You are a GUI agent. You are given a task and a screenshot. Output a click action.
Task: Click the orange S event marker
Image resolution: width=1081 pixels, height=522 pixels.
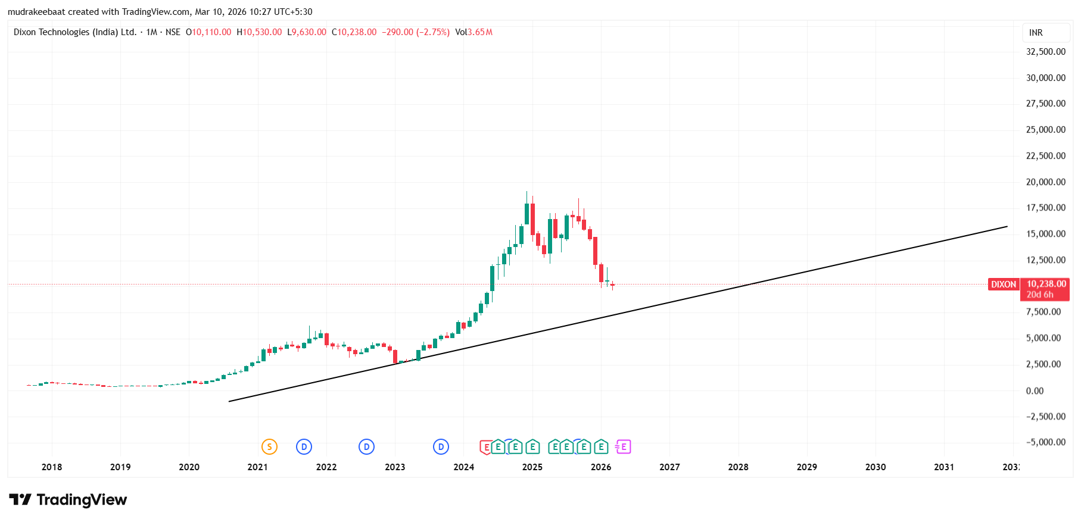coord(269,446)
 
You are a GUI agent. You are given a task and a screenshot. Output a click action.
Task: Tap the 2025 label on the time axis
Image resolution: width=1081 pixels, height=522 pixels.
coord(532,467)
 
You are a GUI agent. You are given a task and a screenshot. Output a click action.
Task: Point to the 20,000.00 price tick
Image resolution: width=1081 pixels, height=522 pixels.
coord(1045,182)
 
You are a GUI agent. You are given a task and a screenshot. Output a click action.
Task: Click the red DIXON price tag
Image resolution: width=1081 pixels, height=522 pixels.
coord(1004,285)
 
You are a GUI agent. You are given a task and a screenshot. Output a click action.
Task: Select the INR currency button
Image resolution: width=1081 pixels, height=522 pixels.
coord(1036,33)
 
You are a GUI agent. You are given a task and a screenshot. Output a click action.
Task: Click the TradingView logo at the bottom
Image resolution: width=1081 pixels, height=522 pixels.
coord(68,499)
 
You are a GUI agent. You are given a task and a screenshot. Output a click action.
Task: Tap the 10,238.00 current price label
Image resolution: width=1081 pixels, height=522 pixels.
coord(1046,284)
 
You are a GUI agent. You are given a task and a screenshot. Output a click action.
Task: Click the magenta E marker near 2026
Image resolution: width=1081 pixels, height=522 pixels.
coord(623,446)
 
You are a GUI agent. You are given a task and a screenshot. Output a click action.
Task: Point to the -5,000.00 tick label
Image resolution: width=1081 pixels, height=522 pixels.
coord(1045,442)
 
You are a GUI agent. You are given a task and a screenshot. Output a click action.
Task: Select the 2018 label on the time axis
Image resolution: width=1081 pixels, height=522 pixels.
coord(52,467)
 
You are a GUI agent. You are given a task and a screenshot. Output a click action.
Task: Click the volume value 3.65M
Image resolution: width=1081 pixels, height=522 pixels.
coord(480,32)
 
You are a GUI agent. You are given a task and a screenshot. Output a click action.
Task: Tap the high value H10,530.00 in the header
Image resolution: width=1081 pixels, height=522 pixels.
coord(259,32)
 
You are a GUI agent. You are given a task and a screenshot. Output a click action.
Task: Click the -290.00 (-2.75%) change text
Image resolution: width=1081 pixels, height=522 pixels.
coord(415,32)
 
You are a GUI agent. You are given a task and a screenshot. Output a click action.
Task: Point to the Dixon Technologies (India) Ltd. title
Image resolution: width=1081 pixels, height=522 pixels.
coord(75,32)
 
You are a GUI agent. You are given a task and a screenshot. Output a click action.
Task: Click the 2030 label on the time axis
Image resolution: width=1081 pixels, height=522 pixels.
coord(875,467)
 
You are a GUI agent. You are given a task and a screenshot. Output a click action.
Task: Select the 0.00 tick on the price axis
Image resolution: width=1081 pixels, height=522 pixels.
coord(1035,391)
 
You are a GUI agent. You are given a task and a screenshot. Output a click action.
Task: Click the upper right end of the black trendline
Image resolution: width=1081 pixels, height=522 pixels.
coord(1007,226)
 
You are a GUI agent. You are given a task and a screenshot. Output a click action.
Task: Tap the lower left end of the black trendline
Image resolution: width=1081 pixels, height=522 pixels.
coord(230,401)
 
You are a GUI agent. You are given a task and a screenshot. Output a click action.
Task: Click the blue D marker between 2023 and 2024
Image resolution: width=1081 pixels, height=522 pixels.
coord(441,446)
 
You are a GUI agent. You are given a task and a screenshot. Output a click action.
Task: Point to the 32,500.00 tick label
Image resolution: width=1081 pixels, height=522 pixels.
coord(1045,52)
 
